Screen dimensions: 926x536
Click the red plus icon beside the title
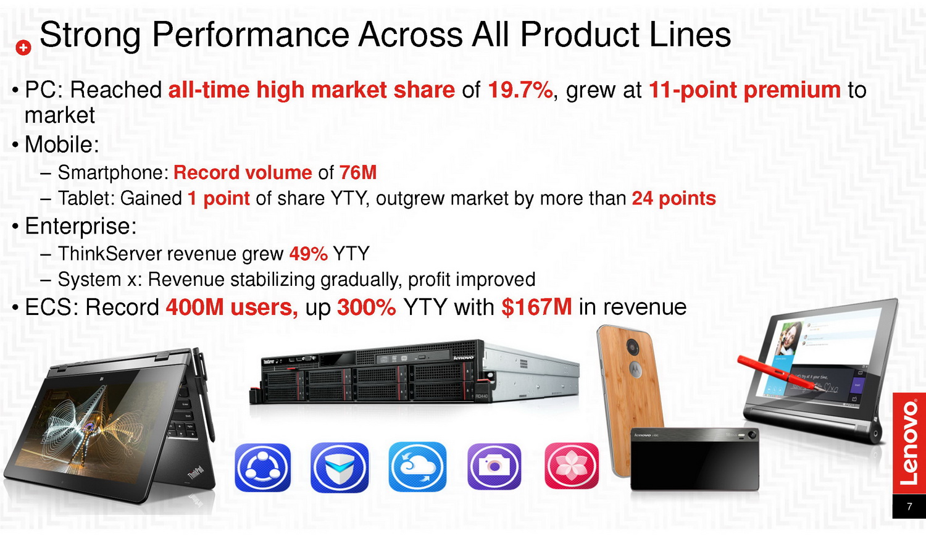23,48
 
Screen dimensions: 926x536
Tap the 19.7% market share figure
520,90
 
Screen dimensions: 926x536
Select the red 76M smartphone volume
358,172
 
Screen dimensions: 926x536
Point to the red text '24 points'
674,198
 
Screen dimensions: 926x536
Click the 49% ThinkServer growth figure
309,254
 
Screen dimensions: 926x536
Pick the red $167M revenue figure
536,308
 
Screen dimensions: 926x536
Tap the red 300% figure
366,308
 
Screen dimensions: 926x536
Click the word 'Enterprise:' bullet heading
81,227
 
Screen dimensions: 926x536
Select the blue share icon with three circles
262,467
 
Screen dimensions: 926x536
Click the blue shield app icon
340,467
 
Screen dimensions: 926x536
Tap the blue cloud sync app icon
417,467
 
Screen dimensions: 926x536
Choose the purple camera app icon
494,466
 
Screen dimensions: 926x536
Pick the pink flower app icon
572,466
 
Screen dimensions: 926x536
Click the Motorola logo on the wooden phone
635,369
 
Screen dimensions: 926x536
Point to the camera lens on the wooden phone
632,346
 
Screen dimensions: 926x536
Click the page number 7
909,506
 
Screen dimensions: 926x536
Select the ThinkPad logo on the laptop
196,472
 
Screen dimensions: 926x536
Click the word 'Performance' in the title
251,35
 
